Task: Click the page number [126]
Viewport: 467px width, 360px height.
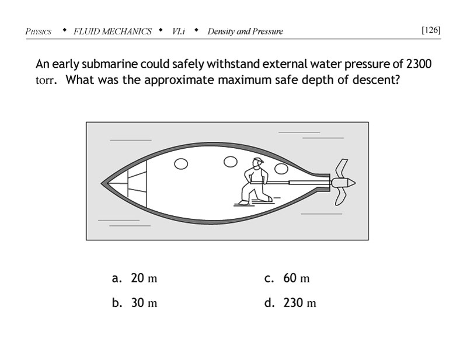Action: click(x=430, y=30)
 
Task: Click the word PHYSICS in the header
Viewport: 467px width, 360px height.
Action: click(x=39, y=32)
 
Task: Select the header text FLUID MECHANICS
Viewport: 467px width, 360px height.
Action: click(x=113, y=32)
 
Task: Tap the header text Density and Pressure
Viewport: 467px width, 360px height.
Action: click(x=245, y=32)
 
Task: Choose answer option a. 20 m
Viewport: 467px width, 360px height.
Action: click(x=135, y=278)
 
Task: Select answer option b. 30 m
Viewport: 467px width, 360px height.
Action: click(x=135, y=303)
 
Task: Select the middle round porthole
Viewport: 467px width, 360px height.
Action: click(x=231, y=160)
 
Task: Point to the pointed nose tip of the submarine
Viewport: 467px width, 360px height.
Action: click(x=103, y=183)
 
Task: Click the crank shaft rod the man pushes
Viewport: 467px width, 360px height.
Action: click(x=298, y=183)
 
